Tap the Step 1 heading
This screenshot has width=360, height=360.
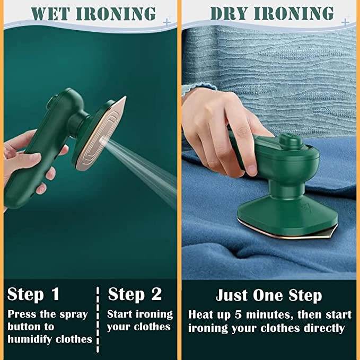tap(33, 294)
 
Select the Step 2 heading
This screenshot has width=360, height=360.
tap(135, 294)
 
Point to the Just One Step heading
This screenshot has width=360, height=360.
tap(268, 295)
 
